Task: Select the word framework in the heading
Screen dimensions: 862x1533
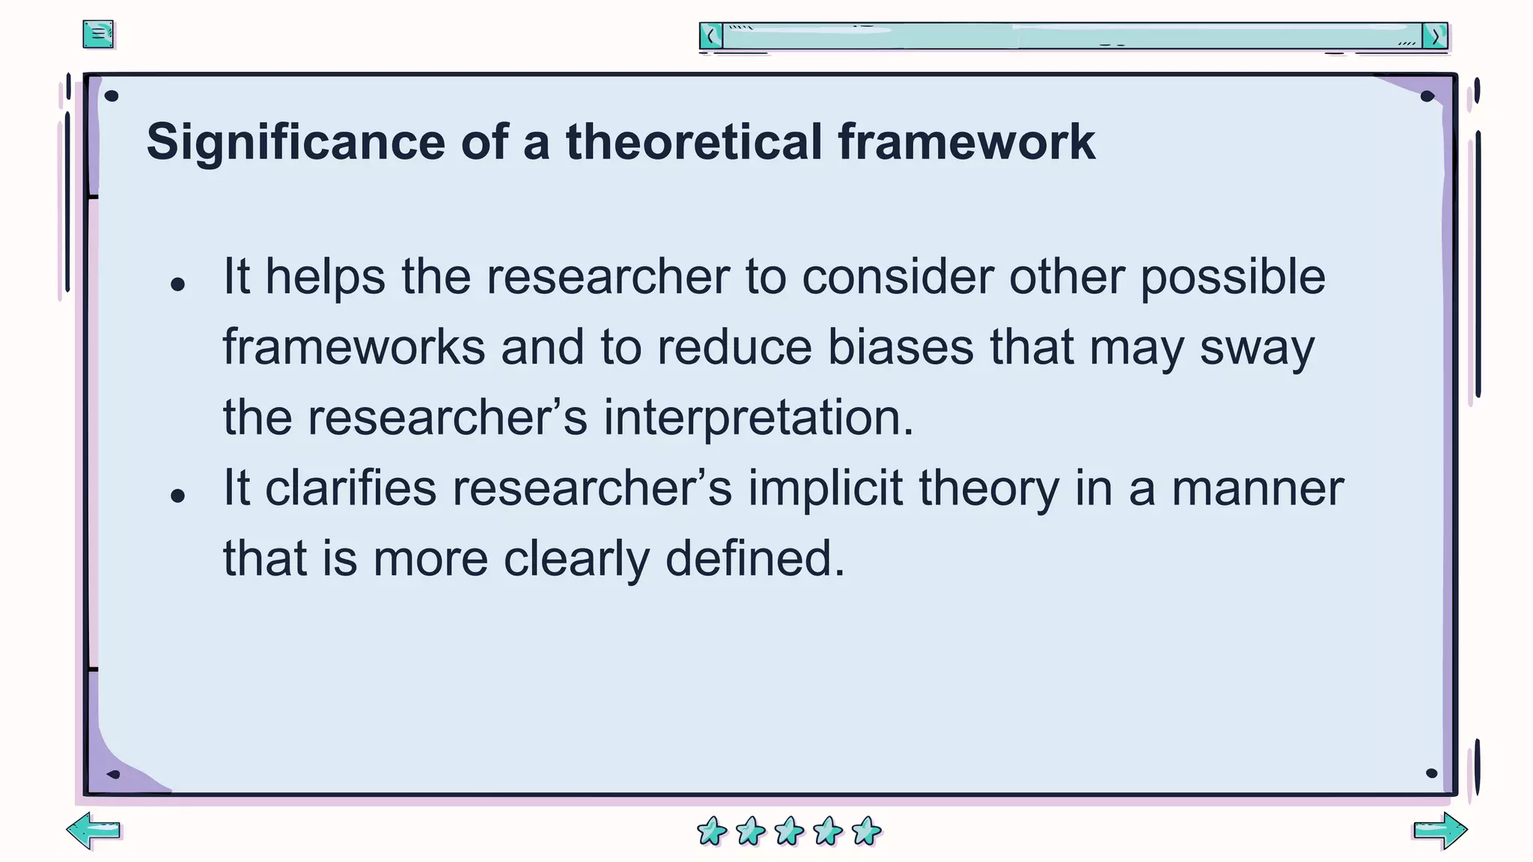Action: pos(966,142)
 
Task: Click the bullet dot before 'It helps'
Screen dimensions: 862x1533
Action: pos(177,284)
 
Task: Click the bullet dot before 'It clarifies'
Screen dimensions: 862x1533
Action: pos(177,495)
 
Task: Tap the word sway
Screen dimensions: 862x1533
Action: pos(1257,349)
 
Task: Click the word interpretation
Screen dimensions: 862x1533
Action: pos(758,418)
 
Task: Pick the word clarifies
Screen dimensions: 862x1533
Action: pos(350,488)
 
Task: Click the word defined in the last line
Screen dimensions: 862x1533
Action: pos(755,558)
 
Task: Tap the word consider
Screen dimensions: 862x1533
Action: pos(897,277)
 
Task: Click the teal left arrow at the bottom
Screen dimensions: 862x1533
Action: pos(94,831)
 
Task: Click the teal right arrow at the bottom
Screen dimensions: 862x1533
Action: pos(1440,831)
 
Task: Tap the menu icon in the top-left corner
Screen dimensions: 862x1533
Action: pos(98,34)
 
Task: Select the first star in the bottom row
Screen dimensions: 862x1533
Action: pos(711,831)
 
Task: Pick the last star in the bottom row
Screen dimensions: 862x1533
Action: pos(867,831)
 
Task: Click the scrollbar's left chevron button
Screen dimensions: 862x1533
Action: pos(711,36)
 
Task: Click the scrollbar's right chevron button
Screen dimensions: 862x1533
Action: pos(1435,36)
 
